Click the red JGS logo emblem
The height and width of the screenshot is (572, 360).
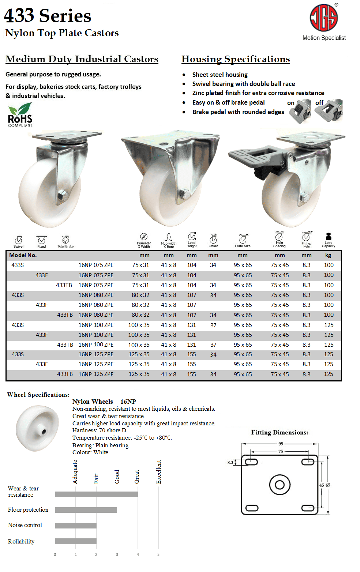[x=324, y=18]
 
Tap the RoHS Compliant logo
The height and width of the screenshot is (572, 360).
[x=20, y=115]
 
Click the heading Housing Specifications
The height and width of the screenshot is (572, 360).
[x=236, y=59]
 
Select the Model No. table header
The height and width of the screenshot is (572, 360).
[x=23, y=255]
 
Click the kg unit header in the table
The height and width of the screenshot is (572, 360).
[x=328, y=255]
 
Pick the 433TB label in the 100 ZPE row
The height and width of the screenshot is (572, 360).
[x=65, y=345]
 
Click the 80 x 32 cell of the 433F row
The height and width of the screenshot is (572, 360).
[x=140, y=305]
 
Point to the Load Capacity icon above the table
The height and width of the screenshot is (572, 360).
[x=328, y=237]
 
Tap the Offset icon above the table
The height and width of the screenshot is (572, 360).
[x=213, y=238]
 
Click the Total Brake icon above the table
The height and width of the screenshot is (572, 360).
[x=65, y=240]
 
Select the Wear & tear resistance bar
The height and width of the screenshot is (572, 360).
[x=96, y=494]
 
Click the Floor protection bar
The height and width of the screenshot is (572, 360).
[x=86, y=510]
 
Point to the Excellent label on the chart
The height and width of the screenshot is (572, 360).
[x=159, y=472]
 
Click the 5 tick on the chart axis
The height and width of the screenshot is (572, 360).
[x=158, y=555]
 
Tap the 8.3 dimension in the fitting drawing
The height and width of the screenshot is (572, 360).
[x=230, y=463]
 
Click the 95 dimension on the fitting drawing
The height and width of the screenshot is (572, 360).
[x=281, y=444]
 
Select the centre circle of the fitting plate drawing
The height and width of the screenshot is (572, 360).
[x=280, y=485]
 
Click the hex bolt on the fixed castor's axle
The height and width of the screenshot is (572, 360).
[x=185, y=194]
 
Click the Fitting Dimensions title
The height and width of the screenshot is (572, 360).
[x=280, y=433]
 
